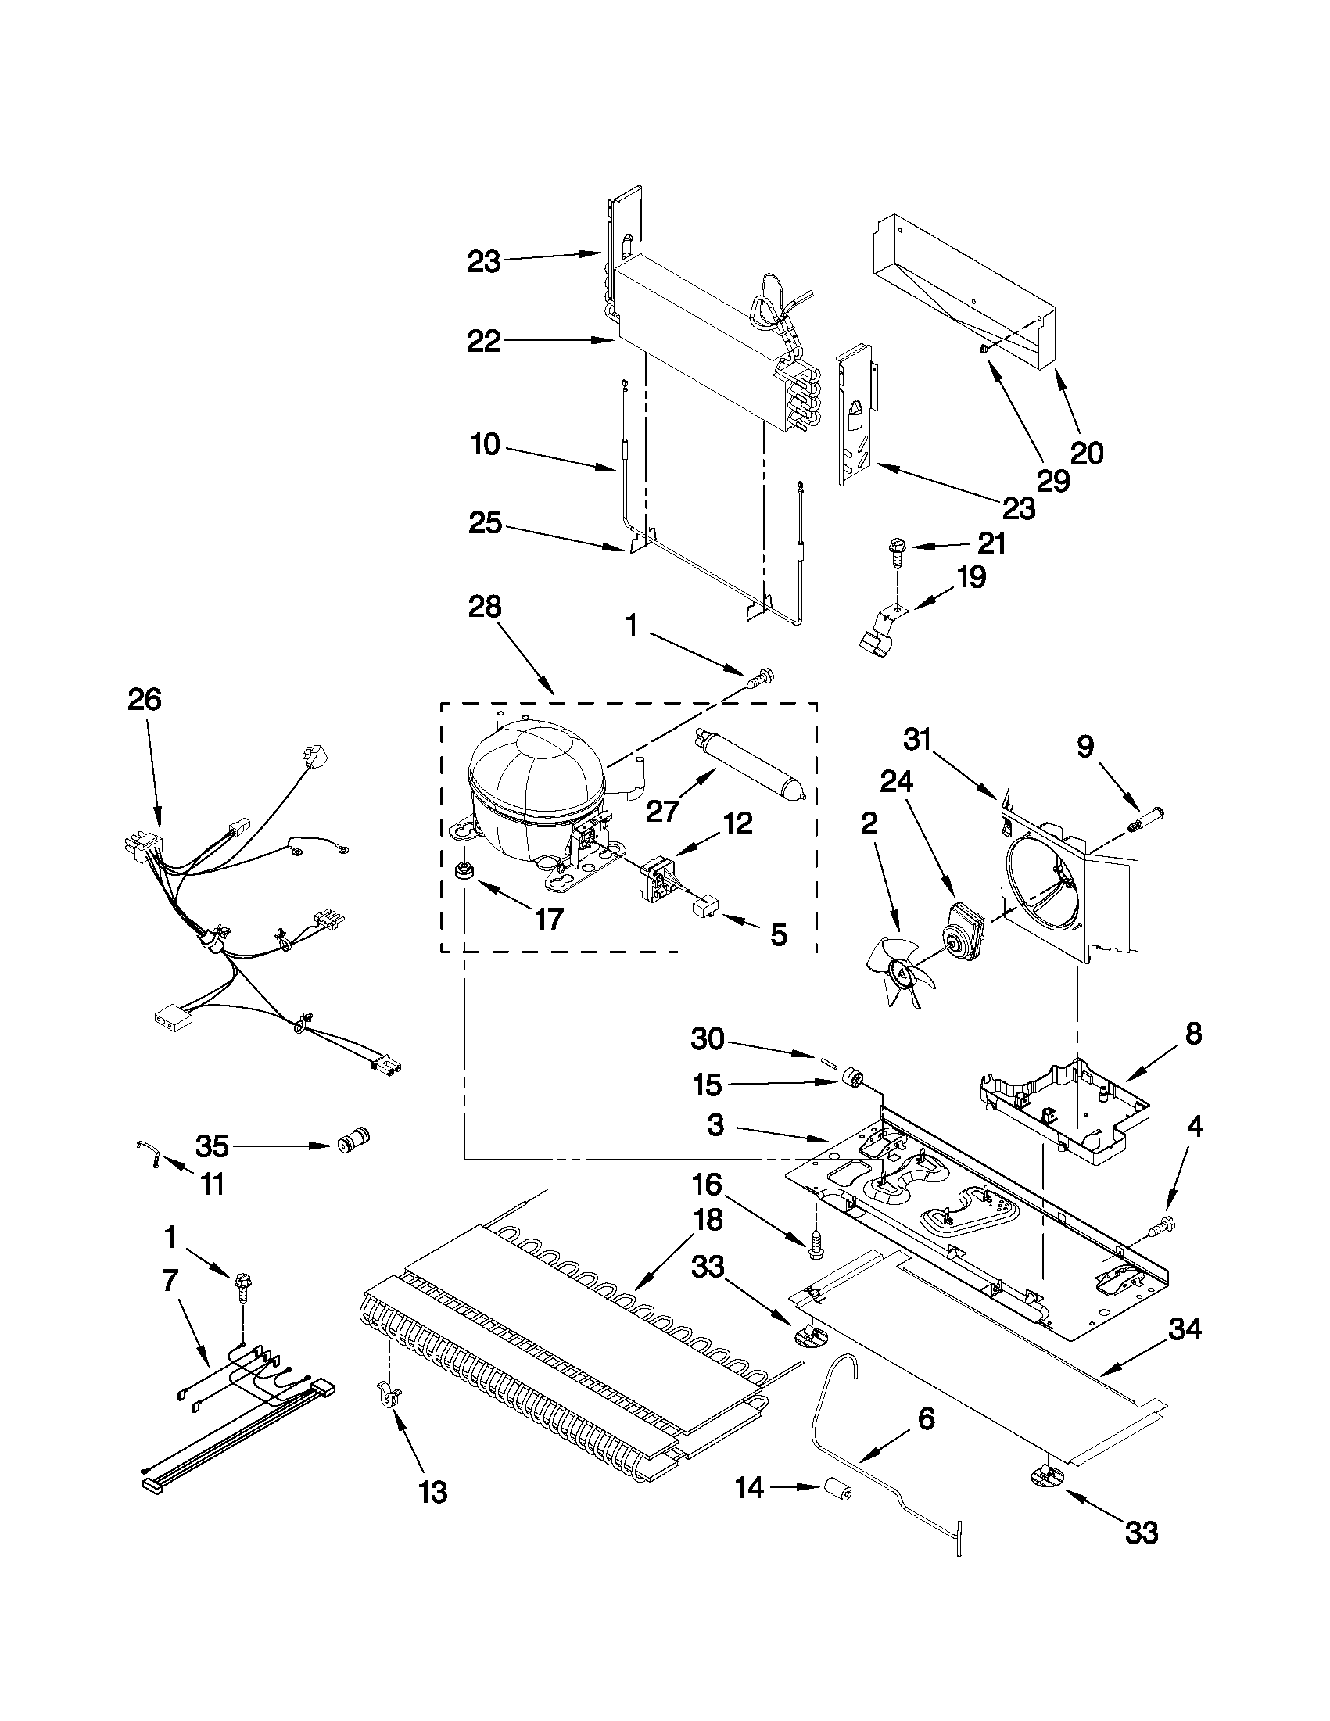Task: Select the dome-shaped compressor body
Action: (x=536, y=788)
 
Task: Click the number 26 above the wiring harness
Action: (x=144, y=699)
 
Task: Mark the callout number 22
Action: (x=483, y=341)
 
